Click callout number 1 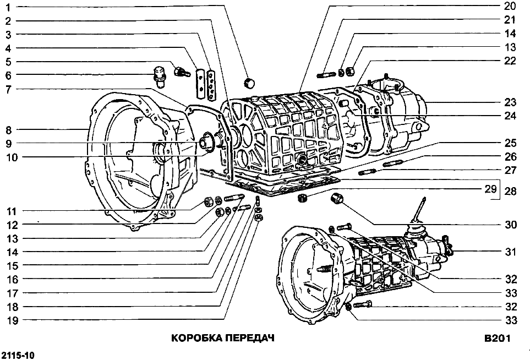9,7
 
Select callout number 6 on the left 9,75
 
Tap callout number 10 12,157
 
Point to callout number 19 12,320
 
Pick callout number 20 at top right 509,7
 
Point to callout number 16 12,279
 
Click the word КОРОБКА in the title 195,337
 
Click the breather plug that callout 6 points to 159,77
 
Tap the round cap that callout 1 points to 250,83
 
